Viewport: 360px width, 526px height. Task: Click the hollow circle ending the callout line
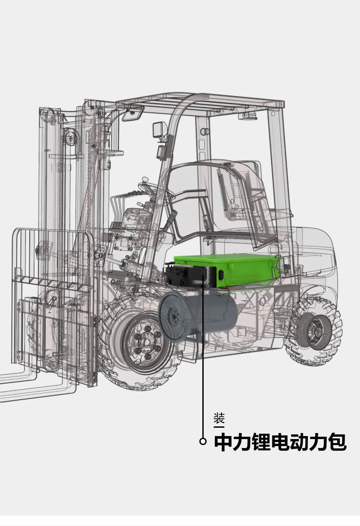point(203,441)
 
